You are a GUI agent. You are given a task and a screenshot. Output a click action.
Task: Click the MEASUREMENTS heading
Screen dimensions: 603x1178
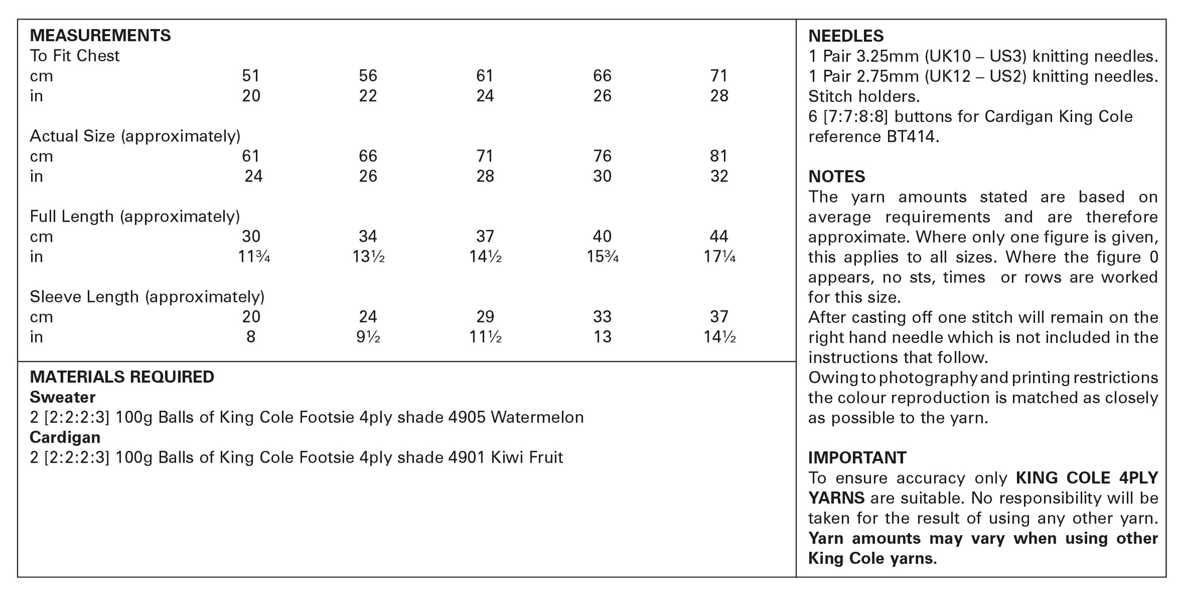(100, 36)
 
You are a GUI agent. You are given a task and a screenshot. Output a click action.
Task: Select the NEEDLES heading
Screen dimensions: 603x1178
(846, 36)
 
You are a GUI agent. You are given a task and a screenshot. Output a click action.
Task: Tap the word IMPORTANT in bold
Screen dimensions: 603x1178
(857, 458)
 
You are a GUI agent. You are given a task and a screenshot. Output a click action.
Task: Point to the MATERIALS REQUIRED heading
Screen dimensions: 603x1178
(122, 377)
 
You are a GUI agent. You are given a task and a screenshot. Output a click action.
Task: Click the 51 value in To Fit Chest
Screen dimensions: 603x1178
(251, 76)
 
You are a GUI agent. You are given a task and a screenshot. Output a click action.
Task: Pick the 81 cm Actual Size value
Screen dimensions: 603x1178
(719, 157)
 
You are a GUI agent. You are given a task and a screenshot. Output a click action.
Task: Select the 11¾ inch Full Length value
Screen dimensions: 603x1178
(254, 257)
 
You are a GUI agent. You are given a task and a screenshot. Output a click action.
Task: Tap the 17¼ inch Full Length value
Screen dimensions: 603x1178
(719, 257)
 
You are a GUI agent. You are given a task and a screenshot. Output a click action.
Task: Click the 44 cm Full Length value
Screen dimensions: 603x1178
(719, 236)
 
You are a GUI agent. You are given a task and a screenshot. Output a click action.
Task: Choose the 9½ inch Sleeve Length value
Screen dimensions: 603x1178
(368, 337)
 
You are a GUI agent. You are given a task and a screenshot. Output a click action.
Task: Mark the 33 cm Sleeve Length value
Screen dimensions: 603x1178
(602, 317)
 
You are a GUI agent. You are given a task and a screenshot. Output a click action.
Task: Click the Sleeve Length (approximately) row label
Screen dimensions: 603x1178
(147, 297)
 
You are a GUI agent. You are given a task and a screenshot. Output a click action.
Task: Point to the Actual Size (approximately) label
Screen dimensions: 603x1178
(135, 136)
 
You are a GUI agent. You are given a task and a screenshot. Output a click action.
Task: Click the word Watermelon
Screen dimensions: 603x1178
(537, 418)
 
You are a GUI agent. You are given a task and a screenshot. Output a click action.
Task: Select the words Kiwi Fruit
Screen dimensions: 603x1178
(526, 458)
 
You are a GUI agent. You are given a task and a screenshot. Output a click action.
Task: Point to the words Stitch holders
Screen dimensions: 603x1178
(863, 97)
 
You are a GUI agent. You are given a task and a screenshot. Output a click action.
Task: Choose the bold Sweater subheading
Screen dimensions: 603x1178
(63, 398)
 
